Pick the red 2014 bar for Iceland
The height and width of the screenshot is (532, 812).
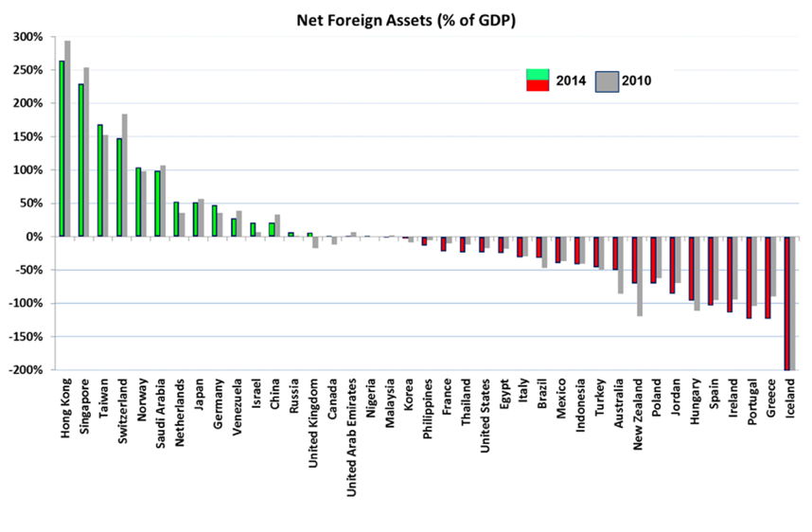pyautogui.click(x=786, y=303)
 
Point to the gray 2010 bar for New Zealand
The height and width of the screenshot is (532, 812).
pyautogui.click(x=640, y=276)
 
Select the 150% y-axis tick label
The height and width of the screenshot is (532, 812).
pyautogui.click(x=27, y=137)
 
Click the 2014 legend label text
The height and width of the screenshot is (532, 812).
pyautogui.click(x=570, y=81)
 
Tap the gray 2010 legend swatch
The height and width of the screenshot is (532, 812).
pyautogui.click(x=607, y=81)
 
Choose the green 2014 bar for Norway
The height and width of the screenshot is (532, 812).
pyautogui.click(x=138, y=203)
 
